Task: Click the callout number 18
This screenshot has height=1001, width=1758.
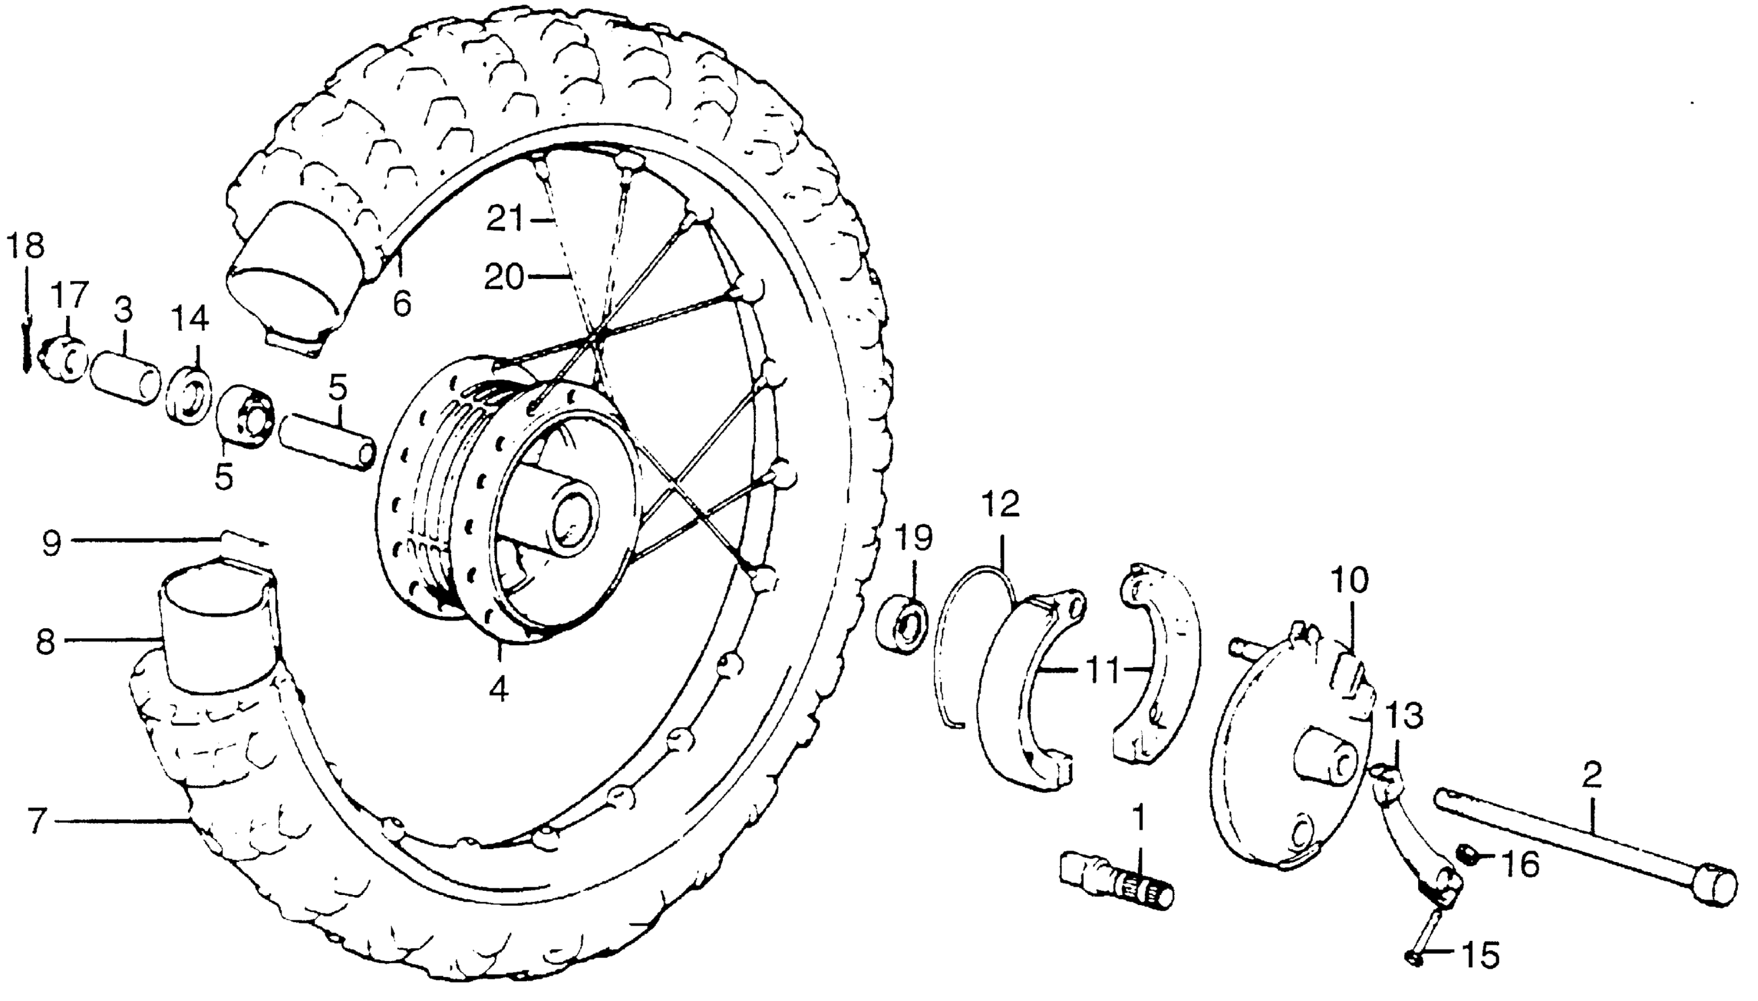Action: [26, 246]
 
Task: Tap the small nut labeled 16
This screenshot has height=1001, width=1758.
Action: [1466, 856]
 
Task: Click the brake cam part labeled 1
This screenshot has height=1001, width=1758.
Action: [1114, 883]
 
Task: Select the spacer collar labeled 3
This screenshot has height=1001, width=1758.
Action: [126, 380]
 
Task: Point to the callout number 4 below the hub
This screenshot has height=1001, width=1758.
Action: [500, 688]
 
